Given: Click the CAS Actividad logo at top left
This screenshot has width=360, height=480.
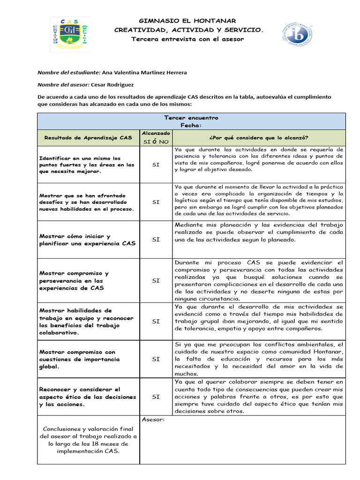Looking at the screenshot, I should (x=70, y=35).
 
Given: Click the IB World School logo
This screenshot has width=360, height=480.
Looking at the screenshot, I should (x=298, y=37).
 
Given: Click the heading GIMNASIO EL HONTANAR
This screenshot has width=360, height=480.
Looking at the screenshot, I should (x=187, y=21).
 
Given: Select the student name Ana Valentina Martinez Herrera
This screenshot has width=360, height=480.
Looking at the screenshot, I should (x=144, y=73).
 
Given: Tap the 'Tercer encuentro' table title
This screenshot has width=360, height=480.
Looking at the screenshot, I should (x=191, y=118).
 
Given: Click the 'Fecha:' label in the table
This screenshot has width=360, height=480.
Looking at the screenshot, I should (x=191, y=126).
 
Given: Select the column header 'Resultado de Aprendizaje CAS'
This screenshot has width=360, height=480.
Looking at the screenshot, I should (x=88, y=138).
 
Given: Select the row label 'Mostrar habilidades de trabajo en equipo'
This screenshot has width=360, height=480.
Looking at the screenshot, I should (x=87, y=322).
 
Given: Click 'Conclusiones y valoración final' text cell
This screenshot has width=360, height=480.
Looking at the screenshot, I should (x=88, y=440).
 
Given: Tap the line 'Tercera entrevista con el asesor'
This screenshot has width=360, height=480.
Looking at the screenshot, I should (x=187, y=39).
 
